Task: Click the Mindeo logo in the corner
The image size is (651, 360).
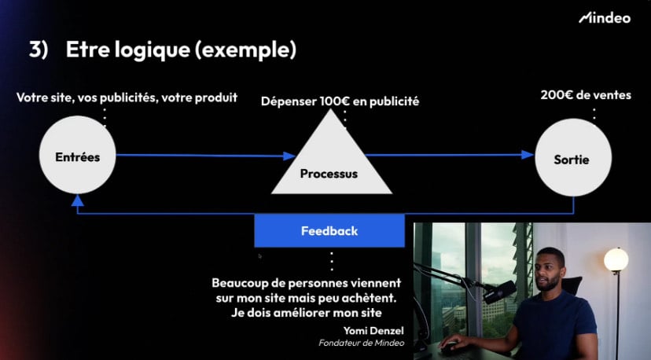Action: click(605, 18)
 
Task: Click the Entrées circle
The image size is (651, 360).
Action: click(77, 155)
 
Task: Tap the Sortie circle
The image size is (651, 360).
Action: click(573, 157)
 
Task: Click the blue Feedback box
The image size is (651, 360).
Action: click(329, 231)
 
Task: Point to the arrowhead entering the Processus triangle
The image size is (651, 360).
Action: click(289, 156)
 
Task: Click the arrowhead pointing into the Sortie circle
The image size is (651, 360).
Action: click(528, 155)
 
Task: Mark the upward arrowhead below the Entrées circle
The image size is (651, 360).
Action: click(77, 200)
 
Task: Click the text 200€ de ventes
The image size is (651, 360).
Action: click(586, 95)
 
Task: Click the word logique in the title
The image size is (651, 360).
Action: click(153, 50)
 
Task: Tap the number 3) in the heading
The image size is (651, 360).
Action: click(39, 50)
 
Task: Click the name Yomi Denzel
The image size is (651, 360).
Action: click(373, 331)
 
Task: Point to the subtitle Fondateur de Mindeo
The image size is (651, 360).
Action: click(361, 343)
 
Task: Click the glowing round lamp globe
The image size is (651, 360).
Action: click(616, 259)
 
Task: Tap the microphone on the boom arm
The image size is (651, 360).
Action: click(499, 291)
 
